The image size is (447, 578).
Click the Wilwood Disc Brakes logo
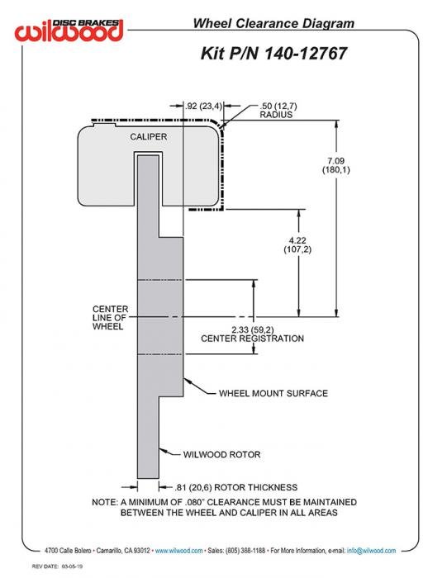coord(69,31)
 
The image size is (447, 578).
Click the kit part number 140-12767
coord(306,53)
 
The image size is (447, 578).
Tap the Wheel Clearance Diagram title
coord(273,23)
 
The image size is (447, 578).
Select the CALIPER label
coord(148,137)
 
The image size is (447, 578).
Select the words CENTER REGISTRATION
coord(252,339)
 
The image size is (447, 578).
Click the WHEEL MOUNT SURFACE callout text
coord(273,393)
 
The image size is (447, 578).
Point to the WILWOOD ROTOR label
coord(221,454)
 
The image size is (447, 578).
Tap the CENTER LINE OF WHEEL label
coord(110,317)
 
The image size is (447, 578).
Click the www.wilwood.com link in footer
coord(178,551)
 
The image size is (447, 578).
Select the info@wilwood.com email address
coord(371,551)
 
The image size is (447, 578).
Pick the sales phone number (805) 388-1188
coord(245,551)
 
